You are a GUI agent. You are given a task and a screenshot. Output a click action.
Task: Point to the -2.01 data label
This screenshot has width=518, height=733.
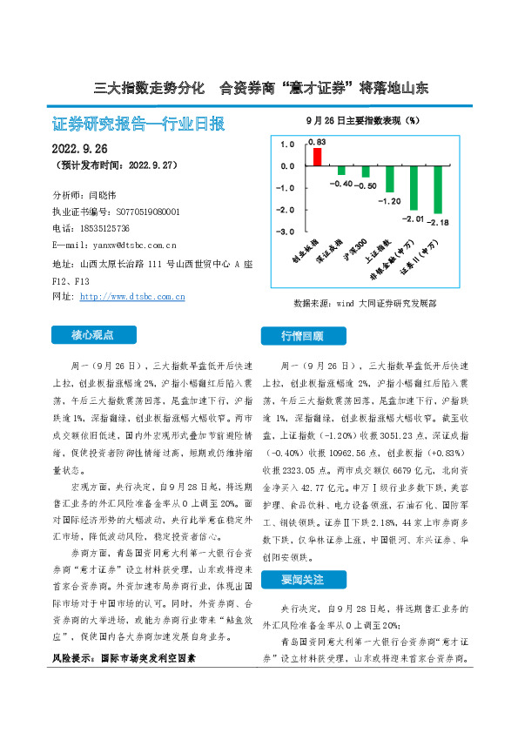tap(412, 219)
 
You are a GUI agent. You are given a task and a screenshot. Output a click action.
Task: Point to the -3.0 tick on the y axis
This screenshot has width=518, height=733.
tap(286, 232)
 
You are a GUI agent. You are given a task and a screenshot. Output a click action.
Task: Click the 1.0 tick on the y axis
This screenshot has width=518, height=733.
tap(287, 144)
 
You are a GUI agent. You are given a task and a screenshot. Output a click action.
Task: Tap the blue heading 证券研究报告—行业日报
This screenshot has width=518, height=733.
tap(139, 124)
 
